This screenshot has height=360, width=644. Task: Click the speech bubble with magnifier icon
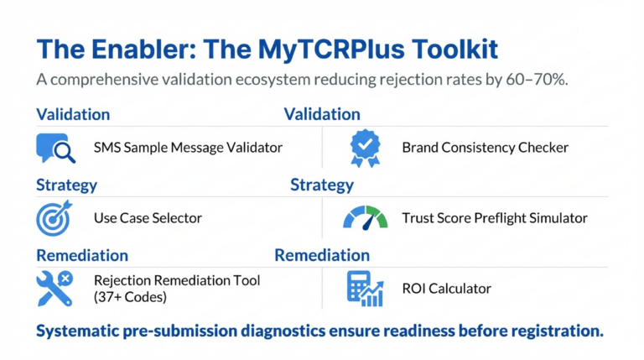(x=56, y=148)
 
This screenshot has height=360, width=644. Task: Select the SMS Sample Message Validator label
(x=188, y=148)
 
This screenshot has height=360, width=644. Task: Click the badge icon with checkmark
(x=365, y=148)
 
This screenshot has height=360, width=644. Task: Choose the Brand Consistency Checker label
(x=485, y=148)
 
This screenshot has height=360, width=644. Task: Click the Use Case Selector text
(x=148, y=218)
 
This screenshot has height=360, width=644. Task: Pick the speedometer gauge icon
(x=365, y=218)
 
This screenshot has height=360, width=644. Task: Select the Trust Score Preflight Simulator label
(x=495, y=218)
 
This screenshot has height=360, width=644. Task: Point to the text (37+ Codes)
(x=130, y=296)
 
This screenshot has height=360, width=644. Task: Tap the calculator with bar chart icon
(x=365, y=289)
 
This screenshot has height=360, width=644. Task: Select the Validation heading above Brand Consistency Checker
(x=322, y=114)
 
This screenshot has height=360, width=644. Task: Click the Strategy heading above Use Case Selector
(x=66, y=185)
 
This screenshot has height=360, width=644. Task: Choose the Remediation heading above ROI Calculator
(x=321, y=255)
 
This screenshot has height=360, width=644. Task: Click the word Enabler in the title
(x=136, y=50)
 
